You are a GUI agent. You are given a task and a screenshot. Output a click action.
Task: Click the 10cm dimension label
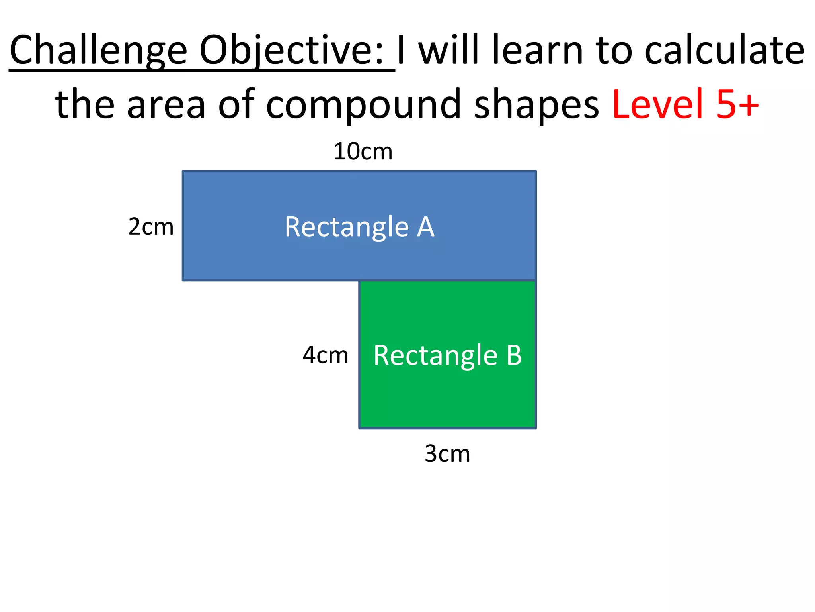click(363, 152)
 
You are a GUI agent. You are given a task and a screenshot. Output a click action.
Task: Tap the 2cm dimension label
click(151, 227)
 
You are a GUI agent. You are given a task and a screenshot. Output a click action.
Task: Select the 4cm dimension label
click(325, 355)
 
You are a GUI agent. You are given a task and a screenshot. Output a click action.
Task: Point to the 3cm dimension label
click(447, 453)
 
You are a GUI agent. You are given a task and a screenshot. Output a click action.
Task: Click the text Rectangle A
click(359, 227)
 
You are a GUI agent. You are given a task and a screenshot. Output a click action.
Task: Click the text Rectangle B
click(447, 355)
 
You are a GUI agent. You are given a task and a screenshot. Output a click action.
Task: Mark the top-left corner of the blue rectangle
click(183, 171)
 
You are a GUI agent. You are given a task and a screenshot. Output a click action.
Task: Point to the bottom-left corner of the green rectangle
click(359, 428)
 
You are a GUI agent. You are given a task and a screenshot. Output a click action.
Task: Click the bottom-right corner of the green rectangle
click(536, 428)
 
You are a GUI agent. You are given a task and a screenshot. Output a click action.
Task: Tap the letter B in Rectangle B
click(514, 355)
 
